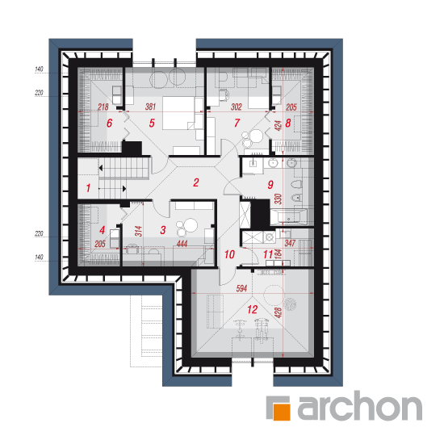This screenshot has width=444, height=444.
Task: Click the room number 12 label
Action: (253, 309)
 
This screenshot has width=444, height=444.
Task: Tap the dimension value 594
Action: (241, 288)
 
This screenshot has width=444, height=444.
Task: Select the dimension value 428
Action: (279, 313)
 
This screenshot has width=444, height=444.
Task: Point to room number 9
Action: (270, 185)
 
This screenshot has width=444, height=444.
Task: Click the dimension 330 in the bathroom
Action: (278, 199)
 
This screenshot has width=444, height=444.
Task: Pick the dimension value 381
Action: (150, 107)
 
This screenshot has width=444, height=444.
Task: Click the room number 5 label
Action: (152, 123)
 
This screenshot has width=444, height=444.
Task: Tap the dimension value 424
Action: (279, 125)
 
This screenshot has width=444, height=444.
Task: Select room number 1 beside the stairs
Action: (88, 188)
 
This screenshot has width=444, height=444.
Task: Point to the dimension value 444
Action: (182, 244)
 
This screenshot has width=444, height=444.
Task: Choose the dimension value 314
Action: (138, 232)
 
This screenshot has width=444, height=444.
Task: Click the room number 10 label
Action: (229, 254)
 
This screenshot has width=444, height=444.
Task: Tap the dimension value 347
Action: (290, 243)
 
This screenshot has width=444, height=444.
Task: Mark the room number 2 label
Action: (196, 182)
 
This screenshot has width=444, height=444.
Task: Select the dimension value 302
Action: (237, 107)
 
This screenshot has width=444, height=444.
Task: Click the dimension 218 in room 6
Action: (103, 107)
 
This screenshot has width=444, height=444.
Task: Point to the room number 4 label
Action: (103, 230)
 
